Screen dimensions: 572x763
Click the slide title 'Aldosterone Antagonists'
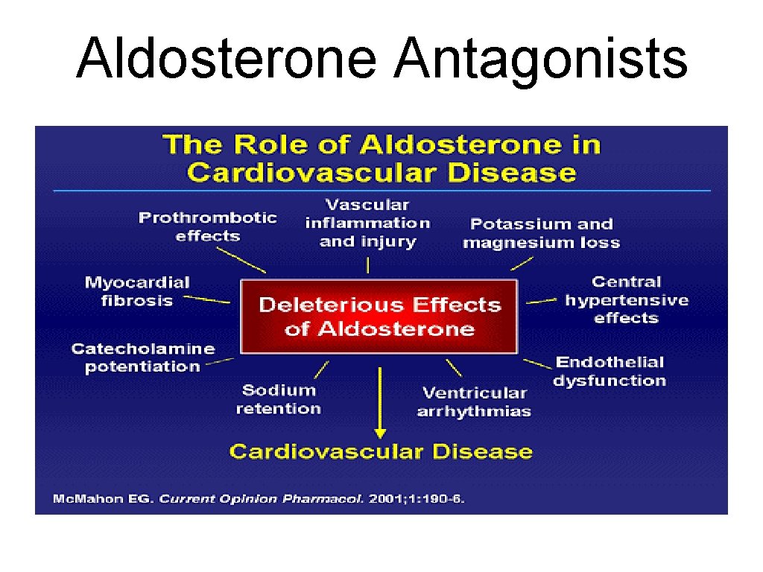point(381,58)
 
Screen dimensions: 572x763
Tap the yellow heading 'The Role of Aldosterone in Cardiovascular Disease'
point(381,158)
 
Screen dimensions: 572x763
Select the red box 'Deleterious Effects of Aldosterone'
point(379,317)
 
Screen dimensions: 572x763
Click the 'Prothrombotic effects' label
point(207,226)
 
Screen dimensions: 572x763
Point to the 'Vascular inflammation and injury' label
point(367,223)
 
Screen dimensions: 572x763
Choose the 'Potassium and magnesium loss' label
point(541,233)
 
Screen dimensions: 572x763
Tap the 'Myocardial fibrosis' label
point(137,291)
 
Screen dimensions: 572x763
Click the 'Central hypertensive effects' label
point(626,299)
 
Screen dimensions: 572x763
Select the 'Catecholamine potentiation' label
point(142,357)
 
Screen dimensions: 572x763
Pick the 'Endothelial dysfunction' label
point(610,371)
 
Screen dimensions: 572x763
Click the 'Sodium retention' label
point(279,399)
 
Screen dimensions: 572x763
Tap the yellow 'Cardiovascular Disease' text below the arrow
point(381,451)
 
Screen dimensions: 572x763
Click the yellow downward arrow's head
point(380,432)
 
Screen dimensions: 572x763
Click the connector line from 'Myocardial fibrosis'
point(207,299)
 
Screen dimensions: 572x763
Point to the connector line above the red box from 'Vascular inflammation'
point(367,265)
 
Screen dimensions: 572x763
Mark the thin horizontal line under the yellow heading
point(381,191)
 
